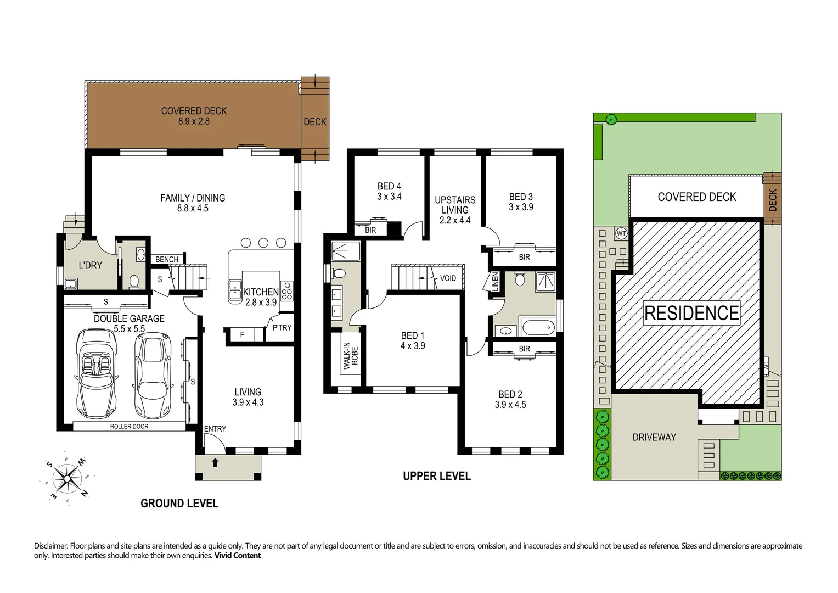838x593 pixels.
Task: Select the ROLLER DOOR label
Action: coord(129,426)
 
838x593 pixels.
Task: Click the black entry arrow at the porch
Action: coord(215,462)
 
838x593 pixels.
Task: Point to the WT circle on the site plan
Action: coord(621,233)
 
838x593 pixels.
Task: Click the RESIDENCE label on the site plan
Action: coord(691,313)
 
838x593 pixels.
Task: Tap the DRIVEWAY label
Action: coord(654,437)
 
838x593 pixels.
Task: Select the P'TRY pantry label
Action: coord(282,328)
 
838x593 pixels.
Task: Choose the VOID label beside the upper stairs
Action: coord(448,278)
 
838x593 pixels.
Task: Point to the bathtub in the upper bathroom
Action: coord(538,329)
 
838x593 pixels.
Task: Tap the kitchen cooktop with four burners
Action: coord(286,291)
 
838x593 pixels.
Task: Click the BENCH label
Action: coord(167,259)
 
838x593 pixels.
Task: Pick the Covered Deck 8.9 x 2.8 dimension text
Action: coord(194,121)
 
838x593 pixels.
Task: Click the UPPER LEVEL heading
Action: coord(436,476)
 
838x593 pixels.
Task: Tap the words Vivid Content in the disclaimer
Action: coord(237,556)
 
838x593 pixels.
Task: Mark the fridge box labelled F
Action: coord(242,334)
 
